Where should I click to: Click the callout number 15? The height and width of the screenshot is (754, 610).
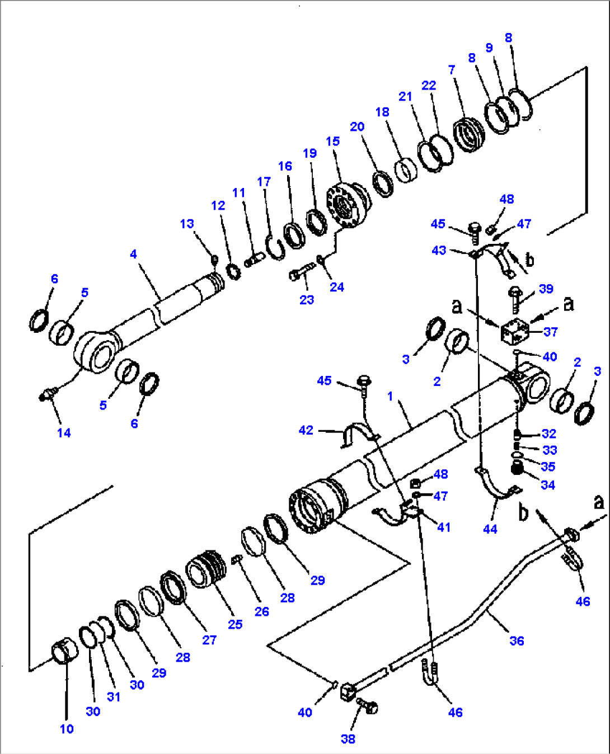pyautogui.click(x=332, y=142)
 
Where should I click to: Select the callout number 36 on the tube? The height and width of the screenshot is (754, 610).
pyautogui.click(x=517, y=641)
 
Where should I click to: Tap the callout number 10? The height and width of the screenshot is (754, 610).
pyautogui.click(x=67, y=729)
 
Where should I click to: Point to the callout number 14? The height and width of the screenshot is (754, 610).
pyautogui.click(x=64, y=432)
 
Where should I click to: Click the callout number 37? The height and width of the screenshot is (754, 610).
pyautogui.click(x=551, y=332)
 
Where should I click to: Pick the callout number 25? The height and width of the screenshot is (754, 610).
pyautogui.click(x=235, y=624)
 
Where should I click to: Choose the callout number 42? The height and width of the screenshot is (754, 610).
pyautogui.click(x=306, y=430)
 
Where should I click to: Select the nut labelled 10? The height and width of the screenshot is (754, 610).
pyautogui.click(x=62, y=652)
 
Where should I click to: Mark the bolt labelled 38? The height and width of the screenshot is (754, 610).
pyautogui.click(x=367, y=707)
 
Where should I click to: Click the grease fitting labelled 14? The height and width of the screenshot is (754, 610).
pyautogui.click(x=47, y=395)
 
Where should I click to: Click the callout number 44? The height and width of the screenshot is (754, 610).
pyautogui.click(x=490, y=529)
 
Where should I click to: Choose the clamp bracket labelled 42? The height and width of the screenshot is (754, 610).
pyautogui.click(x=356, y=434)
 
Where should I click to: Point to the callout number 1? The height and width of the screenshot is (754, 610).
pyautogui.click(x=390, y=396)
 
